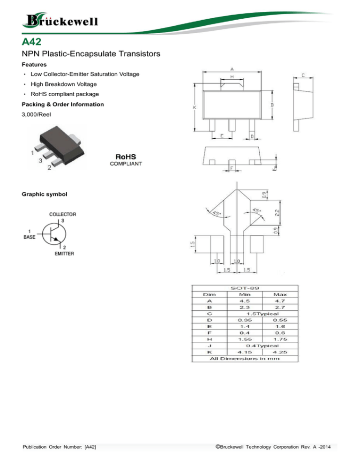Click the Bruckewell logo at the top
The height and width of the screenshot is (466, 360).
point(59,21)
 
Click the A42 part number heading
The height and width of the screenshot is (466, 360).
point(34,44)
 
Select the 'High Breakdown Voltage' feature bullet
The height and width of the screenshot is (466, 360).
point(63,84)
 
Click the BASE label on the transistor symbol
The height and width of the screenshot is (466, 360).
point(29,235)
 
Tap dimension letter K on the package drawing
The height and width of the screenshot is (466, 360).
point(195,107)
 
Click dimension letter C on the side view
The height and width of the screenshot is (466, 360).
point(304,75)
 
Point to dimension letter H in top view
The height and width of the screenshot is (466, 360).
point(232,76)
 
